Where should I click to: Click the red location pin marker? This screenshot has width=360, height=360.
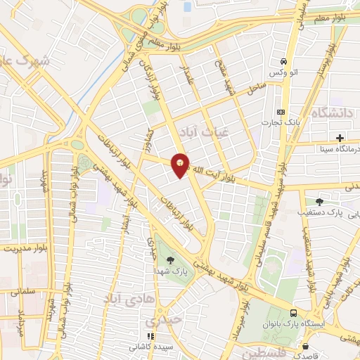click(x=181, y=165)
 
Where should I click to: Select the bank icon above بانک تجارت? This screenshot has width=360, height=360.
click(x=282, y=112)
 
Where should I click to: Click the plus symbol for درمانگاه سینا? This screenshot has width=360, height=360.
click(x=340, y=137)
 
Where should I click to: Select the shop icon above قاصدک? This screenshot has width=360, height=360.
click(x=304, y=346)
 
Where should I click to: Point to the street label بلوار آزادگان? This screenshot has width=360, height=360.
click(x=154, y=70)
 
